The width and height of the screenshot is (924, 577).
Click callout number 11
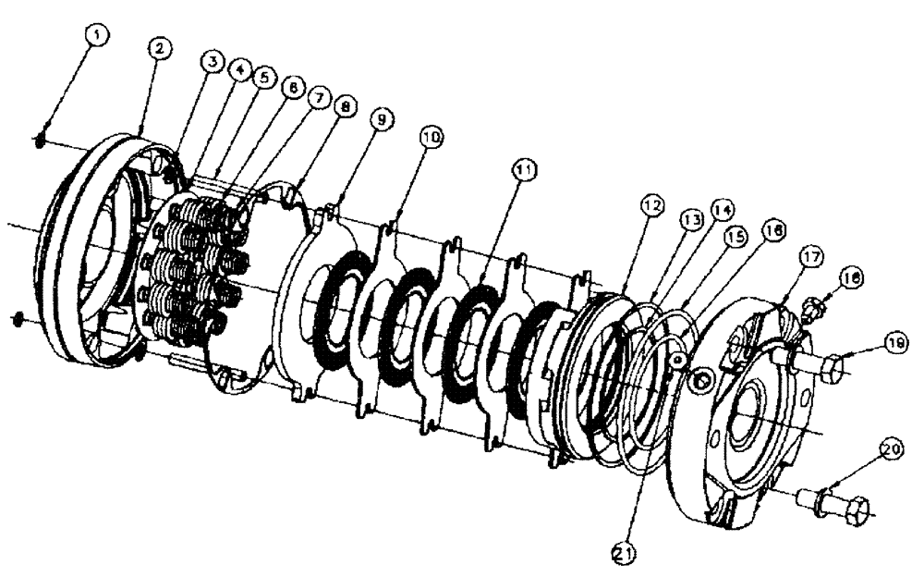[x=524, y=170]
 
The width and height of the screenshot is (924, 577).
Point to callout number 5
[x=264, y=77]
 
